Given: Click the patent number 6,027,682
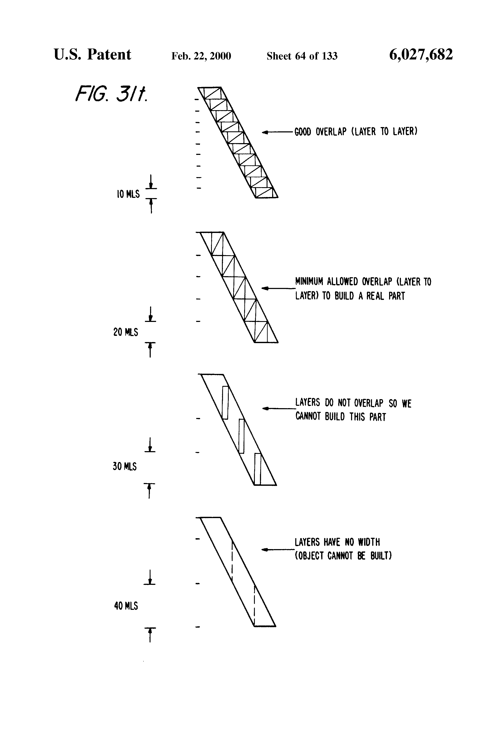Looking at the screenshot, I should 421,55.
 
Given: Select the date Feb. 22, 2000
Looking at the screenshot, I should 201,56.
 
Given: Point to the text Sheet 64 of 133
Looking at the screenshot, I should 302,56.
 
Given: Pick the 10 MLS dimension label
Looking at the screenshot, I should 128,194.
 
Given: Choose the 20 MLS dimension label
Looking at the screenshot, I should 125,332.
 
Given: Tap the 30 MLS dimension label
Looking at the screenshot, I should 124,467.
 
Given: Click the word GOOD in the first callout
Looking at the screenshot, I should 303,132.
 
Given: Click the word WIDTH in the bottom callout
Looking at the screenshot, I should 369,542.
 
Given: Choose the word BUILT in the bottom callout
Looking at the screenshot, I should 381,556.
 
